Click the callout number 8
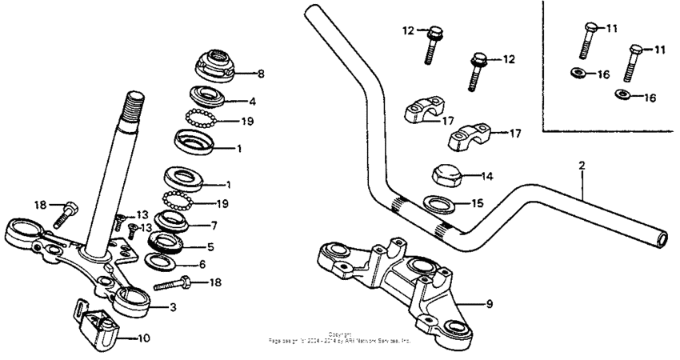(x=260, y=74)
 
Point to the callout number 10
(x=144, y=338)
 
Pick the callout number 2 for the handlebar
(x=582, y=166)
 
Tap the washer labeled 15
(x=438, y=203)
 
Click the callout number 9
(x=490, y=304)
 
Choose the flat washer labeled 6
(x=164, y=262)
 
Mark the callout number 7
(x=214, y=226)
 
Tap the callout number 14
(x=486, y=175)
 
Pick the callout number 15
(x=477, y=203)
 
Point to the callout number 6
(x=201, y=264)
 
